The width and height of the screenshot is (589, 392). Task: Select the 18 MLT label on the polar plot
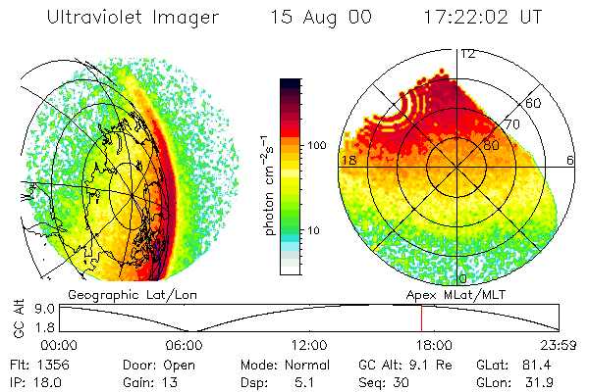pos(348,159)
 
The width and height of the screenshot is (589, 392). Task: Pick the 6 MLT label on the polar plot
pos(570,159)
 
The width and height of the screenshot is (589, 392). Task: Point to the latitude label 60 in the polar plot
pos(534,103)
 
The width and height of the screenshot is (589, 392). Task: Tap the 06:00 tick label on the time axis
pos(184,344)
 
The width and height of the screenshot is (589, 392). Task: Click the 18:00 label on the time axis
pos(435,344)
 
